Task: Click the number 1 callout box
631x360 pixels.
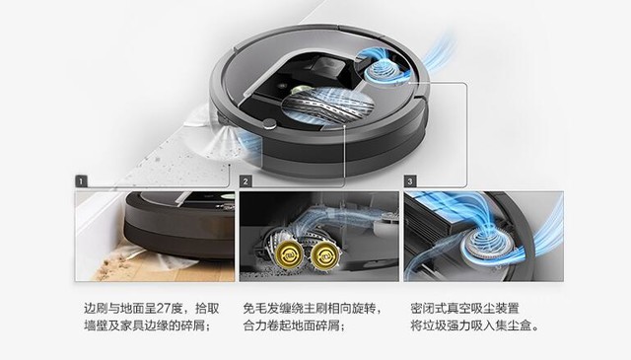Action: [x=80, y=182]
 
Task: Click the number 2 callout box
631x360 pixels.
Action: [x=245, y=182]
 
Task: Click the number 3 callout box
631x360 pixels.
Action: [x=409, y=182]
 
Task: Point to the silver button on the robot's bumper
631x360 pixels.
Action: [x=269, y=124]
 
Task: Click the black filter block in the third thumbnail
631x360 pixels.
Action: [x=444, y=215]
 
